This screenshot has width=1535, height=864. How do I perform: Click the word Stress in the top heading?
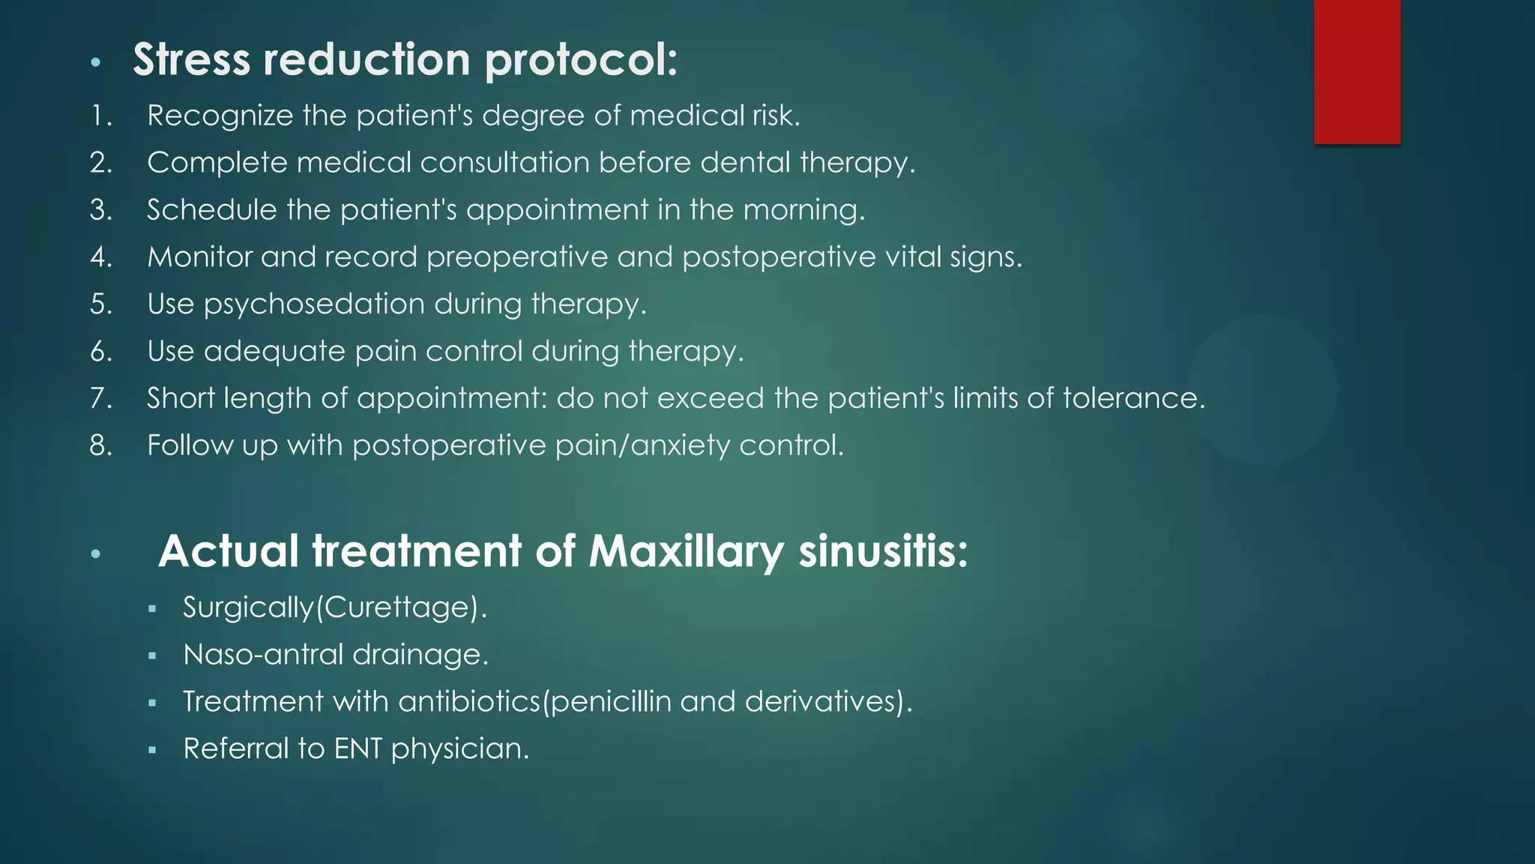point(191,59)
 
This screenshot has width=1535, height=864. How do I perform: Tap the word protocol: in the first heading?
point(581,60)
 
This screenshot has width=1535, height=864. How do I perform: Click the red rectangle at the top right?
point(1357,71)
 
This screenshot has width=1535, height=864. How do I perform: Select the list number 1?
point(100,116)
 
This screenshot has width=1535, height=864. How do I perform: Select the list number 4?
point(100,257)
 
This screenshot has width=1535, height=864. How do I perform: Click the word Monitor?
point(199,257)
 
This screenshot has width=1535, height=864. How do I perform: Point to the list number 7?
point(100,398)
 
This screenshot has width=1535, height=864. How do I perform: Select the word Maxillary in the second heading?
point(687,552)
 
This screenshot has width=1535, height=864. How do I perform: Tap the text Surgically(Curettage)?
point(334,607)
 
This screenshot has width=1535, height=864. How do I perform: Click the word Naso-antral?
point(262,655)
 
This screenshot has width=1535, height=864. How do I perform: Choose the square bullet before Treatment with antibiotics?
point(152,703)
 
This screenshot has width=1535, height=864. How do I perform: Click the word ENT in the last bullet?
point(358,749)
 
